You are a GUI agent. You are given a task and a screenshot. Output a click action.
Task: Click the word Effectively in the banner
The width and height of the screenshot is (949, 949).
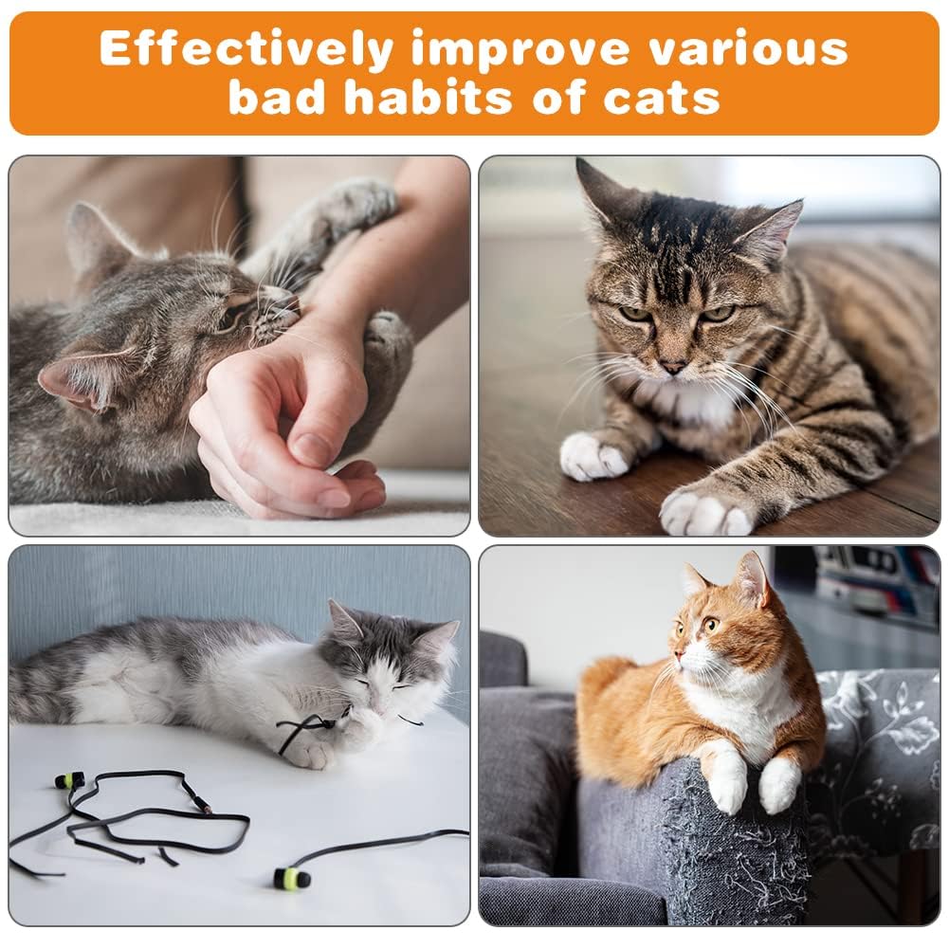pos(246,49)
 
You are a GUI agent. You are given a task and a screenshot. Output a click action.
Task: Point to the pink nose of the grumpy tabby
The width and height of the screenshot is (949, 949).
pos(673,365)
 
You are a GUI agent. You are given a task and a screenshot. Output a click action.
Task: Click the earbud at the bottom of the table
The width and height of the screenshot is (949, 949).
pos(291,877)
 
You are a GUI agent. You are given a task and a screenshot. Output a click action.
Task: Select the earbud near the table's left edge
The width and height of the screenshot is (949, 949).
pos(69,781)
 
